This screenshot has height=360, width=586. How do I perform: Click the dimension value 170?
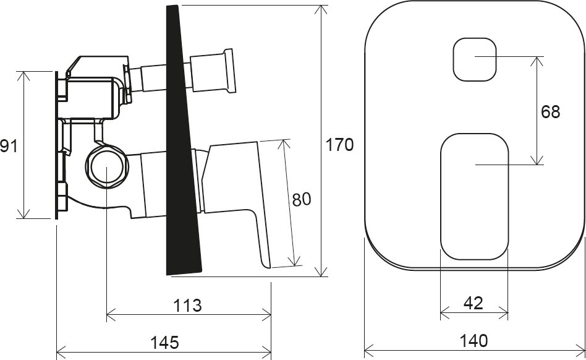[x=339, y=145]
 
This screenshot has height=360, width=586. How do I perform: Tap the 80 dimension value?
[x=301, y=199]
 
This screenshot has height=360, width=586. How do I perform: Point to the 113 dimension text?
[x=189, y=305]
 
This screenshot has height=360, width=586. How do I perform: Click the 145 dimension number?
[x=164, y=342]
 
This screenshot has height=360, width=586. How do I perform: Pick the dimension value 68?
[x=550, y=112]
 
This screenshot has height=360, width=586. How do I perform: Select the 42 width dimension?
[x=473, y=304]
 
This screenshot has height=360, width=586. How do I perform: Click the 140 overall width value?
[x=473, y=341]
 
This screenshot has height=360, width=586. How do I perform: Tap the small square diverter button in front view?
[x=475, y=59]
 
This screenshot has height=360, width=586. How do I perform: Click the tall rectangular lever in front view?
[x=474, y=197]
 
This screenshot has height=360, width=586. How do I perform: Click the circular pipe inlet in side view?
[x=106, y=168]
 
